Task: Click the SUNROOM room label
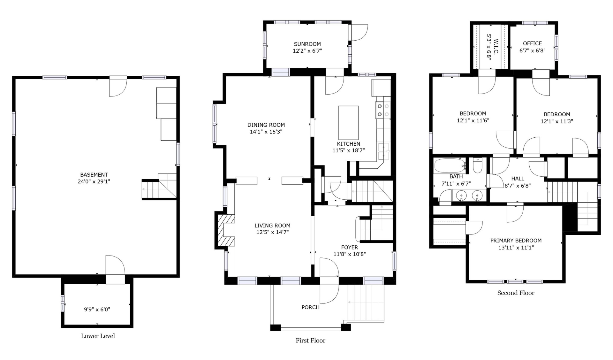tap(307, 44)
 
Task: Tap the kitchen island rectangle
tap(348, 123)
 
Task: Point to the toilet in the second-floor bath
tap(477, 165)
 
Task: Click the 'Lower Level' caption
tap(98, 336)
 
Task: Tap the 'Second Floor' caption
tap(516, 293)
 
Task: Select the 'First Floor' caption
tap(310, 341)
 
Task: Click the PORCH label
tap(310, 307)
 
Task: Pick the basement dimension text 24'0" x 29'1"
tap(94, 181)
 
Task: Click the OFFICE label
tap(532, 43)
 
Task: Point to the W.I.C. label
tap(496, 47)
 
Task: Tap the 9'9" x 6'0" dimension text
tap(97, 309)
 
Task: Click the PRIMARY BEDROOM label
tap(516, 241)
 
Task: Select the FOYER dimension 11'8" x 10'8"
tap(350, 254)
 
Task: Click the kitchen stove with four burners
tap(383, 110)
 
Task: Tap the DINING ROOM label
tap(266, 125)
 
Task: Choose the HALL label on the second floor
tap(518, 179)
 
